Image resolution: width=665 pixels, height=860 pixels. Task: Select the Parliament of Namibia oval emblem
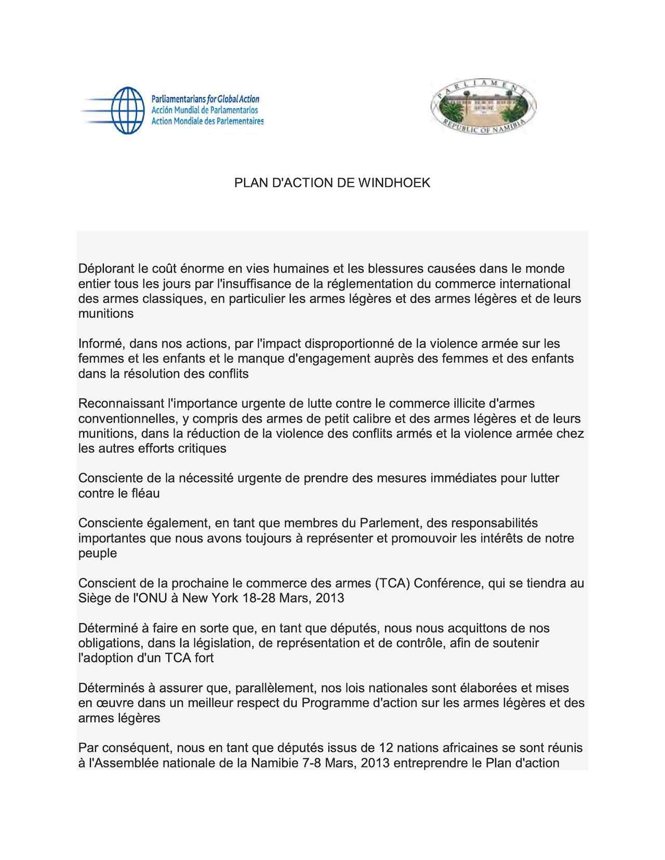click(x=483, y=107)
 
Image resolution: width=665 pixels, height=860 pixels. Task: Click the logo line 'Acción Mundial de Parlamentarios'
click(x=204, y=110)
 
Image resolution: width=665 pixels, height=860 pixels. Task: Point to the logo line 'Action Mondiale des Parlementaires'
click(x=207, y=121)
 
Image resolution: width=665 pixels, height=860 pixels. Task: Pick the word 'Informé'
click(x=100, y=343)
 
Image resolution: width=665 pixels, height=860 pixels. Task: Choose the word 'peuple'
click(x=98, y=553)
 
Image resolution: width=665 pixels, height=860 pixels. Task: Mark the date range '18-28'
click(x=259, y=598)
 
